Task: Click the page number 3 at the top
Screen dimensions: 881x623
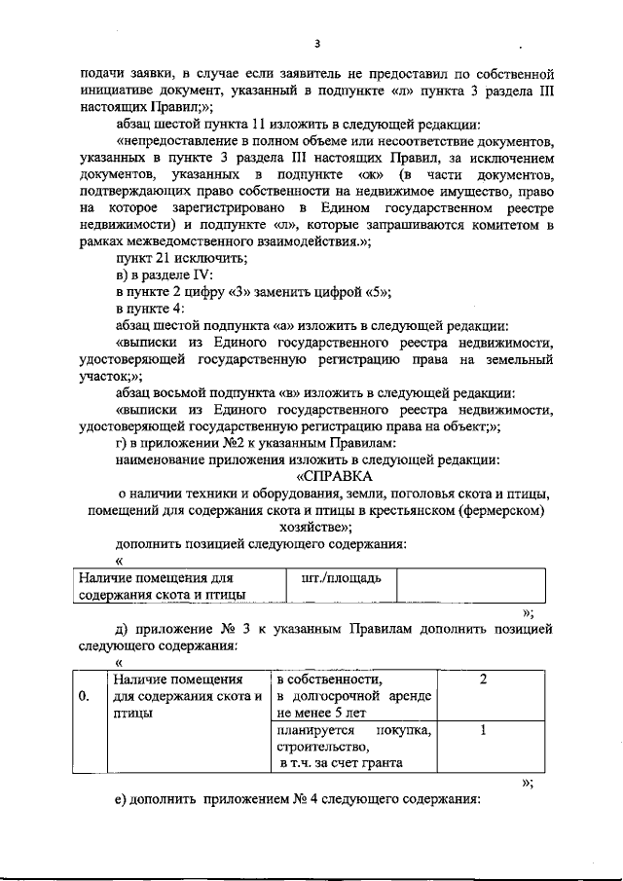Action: point(316,44)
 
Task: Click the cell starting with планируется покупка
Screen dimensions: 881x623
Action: point(352,747)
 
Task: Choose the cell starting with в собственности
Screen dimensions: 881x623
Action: point(352,695)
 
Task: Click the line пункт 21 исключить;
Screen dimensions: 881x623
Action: point(181,258)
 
